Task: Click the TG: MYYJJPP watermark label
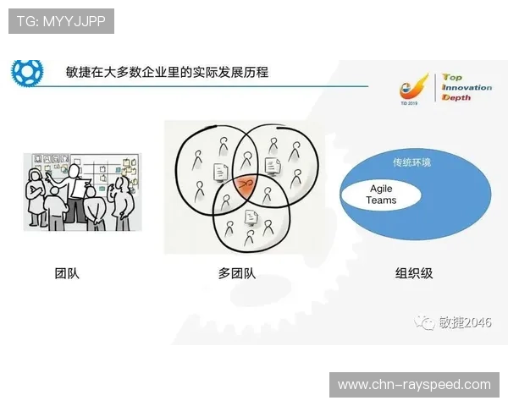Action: (x=60, y=21)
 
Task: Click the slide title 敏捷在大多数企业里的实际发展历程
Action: (x=167, y=72)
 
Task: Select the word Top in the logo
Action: (x=453, y=78)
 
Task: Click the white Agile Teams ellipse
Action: (x=381, y=195)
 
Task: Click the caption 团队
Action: (x=66, y=273)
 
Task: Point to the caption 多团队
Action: (x=236, y=273)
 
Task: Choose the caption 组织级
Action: (x=412, y=273)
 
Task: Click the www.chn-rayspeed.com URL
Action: (x=414, y=385)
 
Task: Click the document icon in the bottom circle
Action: (x=251, y=217)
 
